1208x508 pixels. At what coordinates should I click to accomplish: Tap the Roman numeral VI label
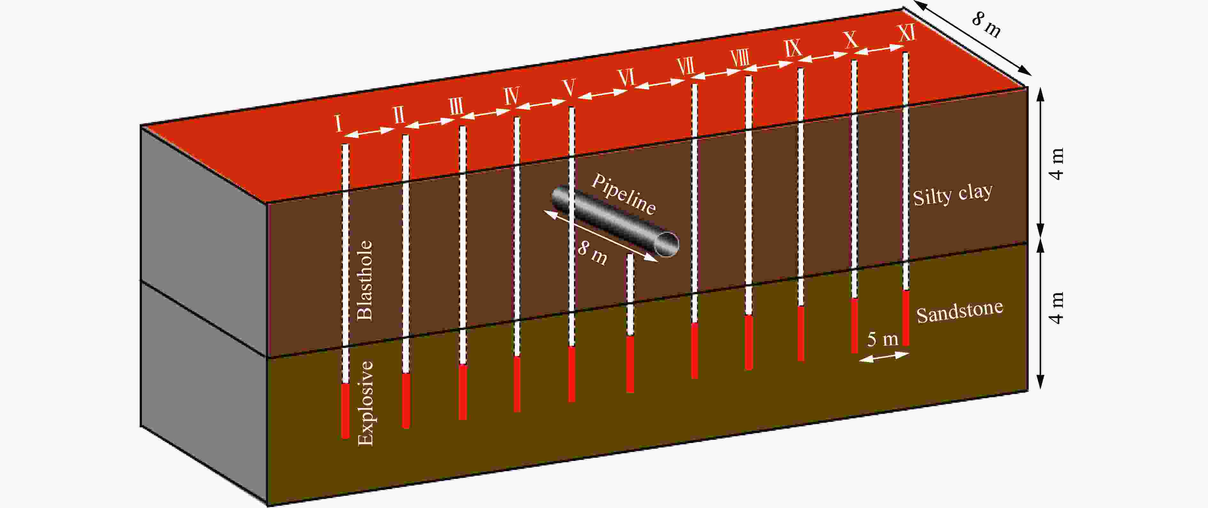(x=626, y=78)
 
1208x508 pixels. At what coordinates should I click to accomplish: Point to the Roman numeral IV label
(x=512, y=96)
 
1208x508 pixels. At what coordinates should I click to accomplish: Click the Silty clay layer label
(x=952, y=194)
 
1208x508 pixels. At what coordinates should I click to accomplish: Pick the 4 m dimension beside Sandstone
(x=1057, y=308)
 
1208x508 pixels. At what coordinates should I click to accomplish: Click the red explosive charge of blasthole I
(x=345, y=411)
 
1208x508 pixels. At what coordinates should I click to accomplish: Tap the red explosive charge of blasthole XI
(x=906, y=318)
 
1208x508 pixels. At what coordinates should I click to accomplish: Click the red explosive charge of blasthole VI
(x=630, y=364)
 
